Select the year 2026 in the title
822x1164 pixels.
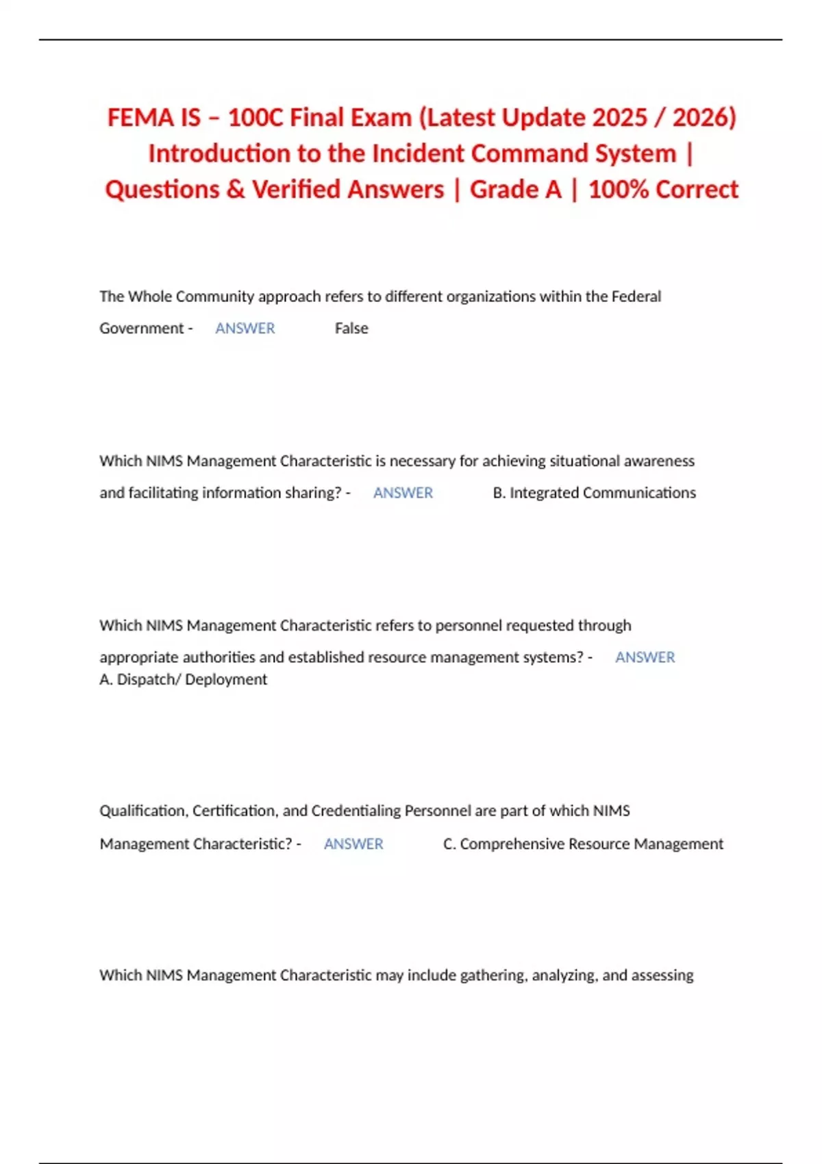click(703, 118)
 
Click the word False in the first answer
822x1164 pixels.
click(351, 329)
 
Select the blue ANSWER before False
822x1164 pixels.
click(245, 329)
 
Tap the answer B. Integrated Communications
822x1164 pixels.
click(594, 493)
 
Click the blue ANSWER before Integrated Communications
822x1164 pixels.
click(403, 493)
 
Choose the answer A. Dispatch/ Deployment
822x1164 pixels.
click(184, 679)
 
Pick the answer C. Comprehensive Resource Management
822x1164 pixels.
click(583, 844)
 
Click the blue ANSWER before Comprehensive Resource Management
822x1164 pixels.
click(353, 844)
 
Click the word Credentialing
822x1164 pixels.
click(356, 811)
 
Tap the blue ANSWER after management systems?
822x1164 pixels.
click(645, 657)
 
